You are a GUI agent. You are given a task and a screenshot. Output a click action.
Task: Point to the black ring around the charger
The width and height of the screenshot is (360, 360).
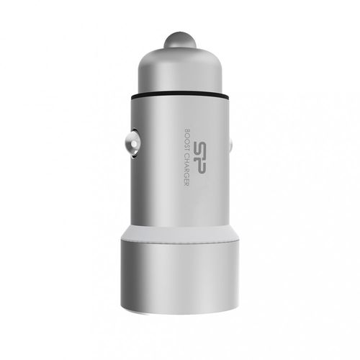[x=180, y=96]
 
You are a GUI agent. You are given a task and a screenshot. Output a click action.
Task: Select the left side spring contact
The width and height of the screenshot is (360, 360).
[x=132, y=144]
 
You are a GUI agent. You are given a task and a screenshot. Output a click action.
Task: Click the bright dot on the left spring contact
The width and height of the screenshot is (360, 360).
[x=133, y=144]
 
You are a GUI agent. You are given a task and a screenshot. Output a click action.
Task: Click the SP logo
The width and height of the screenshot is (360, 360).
[x=199, y=157]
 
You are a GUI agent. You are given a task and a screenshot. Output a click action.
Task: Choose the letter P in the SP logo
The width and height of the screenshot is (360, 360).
[x=199, y=166]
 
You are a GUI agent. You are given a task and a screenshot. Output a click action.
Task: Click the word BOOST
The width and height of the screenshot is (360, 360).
[x=186, y=140]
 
